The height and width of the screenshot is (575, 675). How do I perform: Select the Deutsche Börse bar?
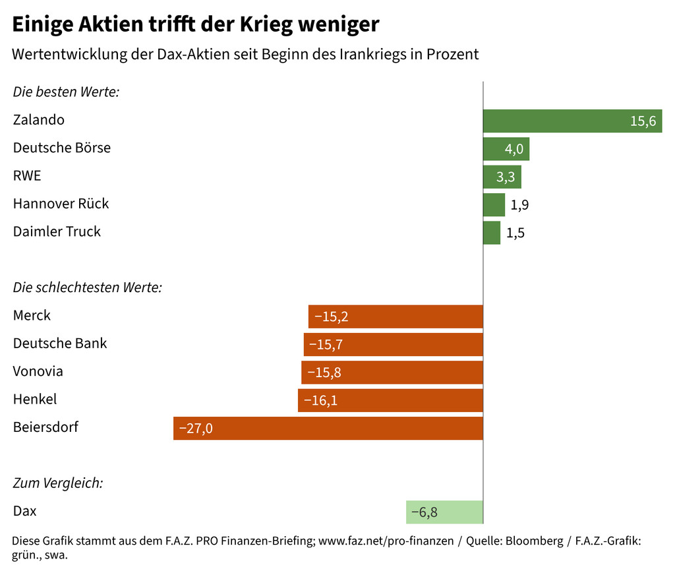506,149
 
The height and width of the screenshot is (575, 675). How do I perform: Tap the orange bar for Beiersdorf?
328,428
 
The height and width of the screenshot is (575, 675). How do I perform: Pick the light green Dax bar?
444,512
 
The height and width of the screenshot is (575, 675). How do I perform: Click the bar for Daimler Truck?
492,233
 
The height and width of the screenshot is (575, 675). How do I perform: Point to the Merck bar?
396,317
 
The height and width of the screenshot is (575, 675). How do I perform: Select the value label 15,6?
643,121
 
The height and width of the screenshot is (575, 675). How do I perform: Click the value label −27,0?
196,429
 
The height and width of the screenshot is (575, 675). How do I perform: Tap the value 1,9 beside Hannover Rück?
519,205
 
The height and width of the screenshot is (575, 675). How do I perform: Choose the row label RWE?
27,176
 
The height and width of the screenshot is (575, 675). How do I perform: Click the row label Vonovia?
38,371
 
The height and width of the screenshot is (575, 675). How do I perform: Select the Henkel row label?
35,399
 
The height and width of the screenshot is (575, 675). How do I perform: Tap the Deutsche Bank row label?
60,344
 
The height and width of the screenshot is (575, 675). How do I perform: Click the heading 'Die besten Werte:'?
66,92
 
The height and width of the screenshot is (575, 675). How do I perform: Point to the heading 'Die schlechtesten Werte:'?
88,287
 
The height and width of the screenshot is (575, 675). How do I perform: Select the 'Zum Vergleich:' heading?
58,483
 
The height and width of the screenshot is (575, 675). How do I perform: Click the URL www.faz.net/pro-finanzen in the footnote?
386,541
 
